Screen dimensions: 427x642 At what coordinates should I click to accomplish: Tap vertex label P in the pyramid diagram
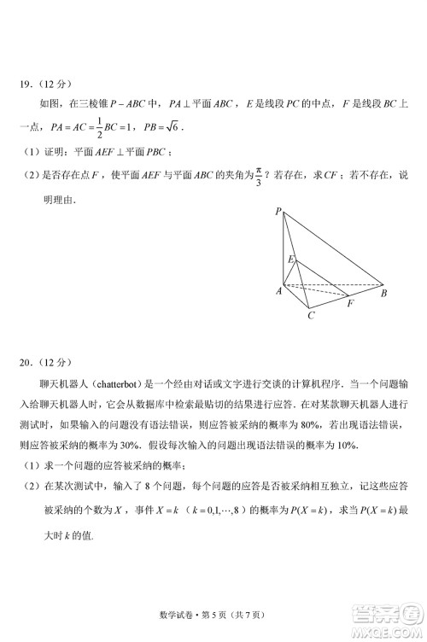click(278, 211)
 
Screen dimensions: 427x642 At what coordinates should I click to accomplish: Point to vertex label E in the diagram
click(290, 258)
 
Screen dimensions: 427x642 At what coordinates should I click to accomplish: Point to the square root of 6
click(171, 126)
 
